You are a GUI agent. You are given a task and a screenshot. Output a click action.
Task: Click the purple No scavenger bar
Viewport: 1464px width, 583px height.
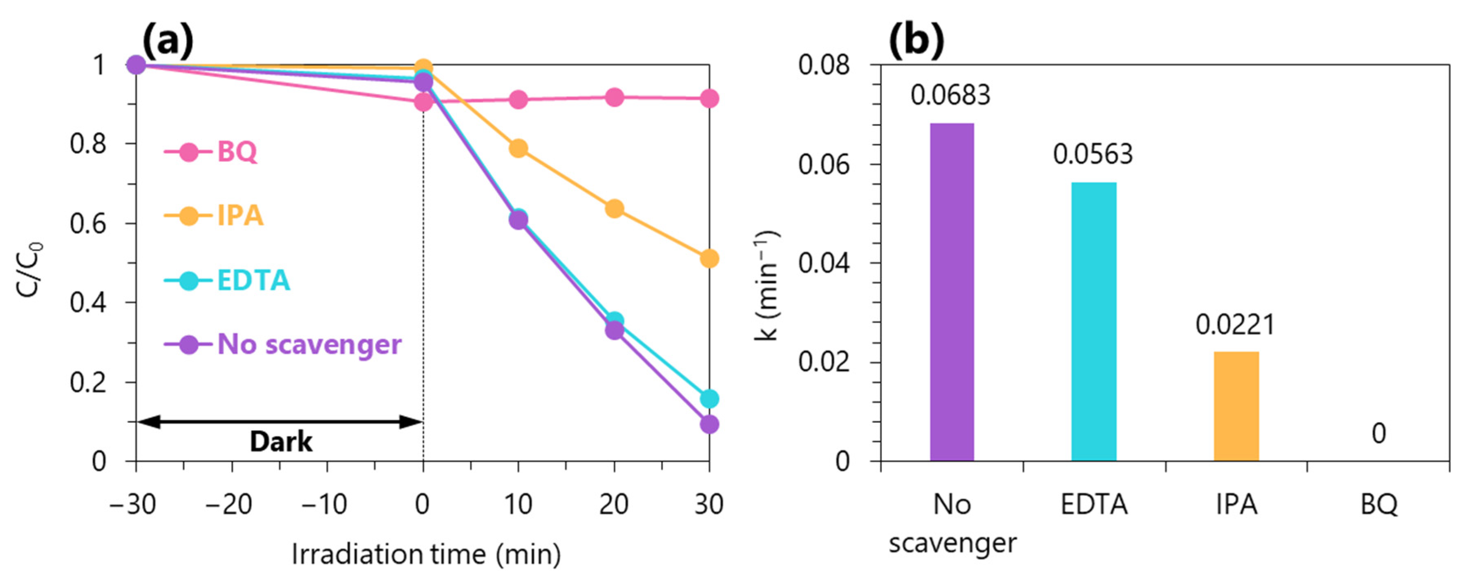click(952, 292)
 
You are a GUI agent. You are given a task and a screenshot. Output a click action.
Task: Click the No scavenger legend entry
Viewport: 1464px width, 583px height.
click(283, 344)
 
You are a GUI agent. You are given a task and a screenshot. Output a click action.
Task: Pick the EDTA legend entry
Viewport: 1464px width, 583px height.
click(227, 281)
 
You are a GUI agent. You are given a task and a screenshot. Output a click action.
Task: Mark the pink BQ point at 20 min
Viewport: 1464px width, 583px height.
click(614, 97)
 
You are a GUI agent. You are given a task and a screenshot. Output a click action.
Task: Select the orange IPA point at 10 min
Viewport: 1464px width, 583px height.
click(518, 149)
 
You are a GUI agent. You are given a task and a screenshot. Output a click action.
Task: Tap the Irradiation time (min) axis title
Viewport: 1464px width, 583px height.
click(426, 554)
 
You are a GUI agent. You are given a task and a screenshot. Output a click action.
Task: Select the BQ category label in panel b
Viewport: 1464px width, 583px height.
click(1379, 505)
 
